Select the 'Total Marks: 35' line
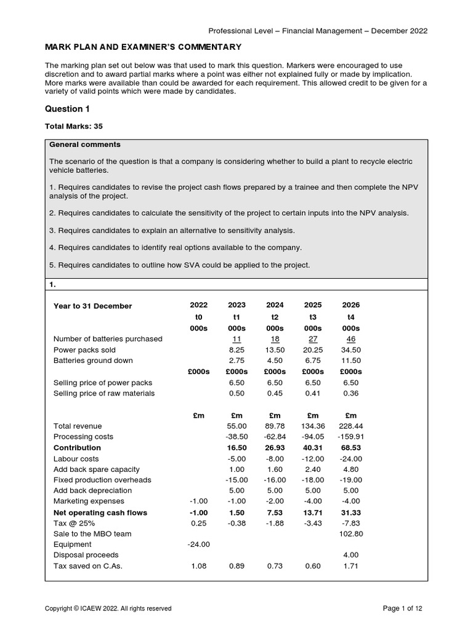click(75, 127)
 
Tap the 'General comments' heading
click(85, 145)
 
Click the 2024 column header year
click(275, 306)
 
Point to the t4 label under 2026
click(351, 317)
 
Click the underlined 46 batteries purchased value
click(351, 339)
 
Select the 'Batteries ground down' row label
click(93, 361)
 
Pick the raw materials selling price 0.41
click(313, 393)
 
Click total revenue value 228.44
click(350, 426)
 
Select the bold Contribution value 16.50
click(236, 448)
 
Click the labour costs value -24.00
click(350, 459)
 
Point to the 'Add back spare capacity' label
click(97, 469)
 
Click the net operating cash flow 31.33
click(350, 512)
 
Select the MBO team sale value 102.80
click(350, 534)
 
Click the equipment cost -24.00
click(198, 544)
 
